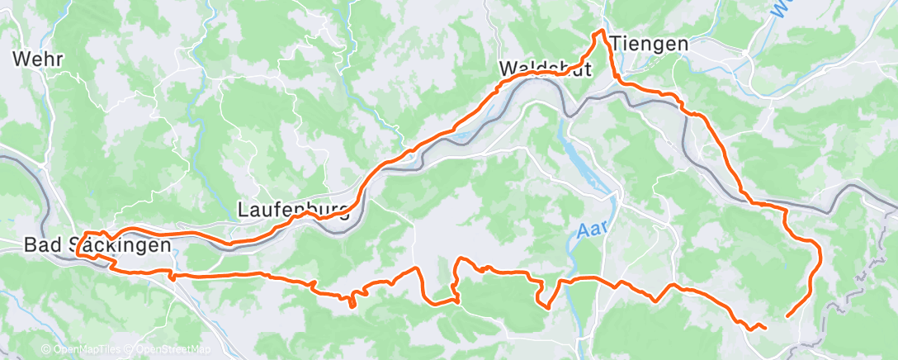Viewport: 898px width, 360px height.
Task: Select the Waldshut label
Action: click(546, 69)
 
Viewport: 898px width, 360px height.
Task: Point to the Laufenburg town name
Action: click(294, 210)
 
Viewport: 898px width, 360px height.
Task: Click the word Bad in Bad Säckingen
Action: click(42, 245)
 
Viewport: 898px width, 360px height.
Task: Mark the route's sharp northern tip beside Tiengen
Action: click(602, 31)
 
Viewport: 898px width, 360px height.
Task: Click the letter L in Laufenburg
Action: click(243, 210)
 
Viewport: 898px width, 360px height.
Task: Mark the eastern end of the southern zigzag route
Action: click(765, 328)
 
